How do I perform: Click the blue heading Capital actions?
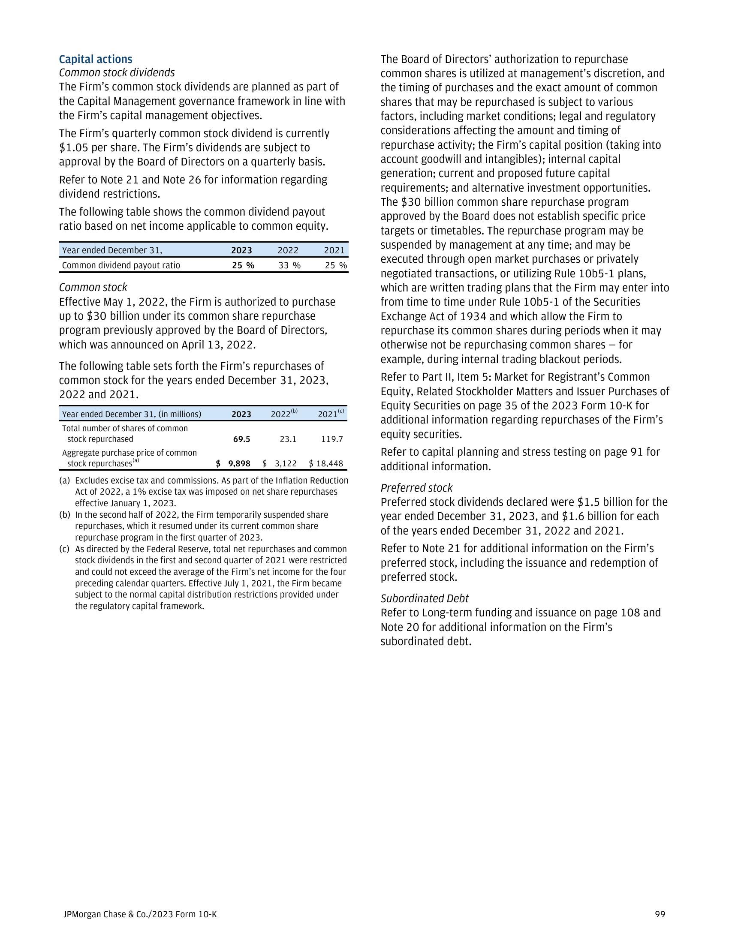click(x=96, y=59)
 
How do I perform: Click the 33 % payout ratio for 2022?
click(x=289, y=265)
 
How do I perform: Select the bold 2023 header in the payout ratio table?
click(x=241, y=250)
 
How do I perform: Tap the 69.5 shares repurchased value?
click(x=241, y=439)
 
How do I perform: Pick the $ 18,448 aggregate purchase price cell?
click(x=326, y=464)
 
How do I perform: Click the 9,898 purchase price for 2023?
click(x=239, y=464)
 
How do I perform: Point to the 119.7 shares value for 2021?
click(x=332, y=439)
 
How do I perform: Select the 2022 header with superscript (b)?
click(x=284, y=414)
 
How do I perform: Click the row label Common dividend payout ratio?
click(x=121, y=265)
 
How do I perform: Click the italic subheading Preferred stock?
click(x=416, y=488)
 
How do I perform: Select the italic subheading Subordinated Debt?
click(x=424, y=598)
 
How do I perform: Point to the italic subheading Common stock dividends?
click(x=117, y=72)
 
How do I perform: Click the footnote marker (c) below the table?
click(x=64, y=549)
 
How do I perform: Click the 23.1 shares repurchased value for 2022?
click(x=288, y=439)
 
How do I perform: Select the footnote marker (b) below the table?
click(x=64, y=515)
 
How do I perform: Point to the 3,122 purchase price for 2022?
click(x=286, y=464)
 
